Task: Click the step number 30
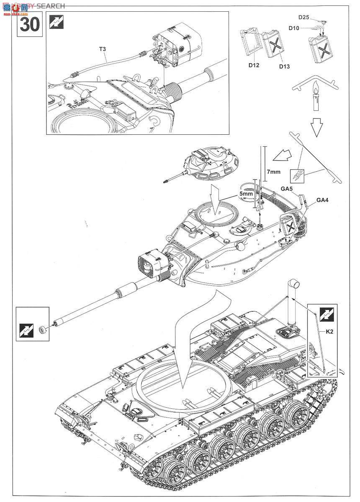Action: click(x=30, y=25)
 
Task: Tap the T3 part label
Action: click(x=103, y=49)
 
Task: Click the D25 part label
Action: click(x=304, y=17)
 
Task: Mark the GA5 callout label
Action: click(x=287, y=189)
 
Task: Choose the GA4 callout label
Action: click(x=322, y=200)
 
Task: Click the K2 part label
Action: click(x=330, y=331)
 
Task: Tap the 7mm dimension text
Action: click(x=273, y=172)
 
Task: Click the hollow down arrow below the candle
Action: click(x=316, y=126)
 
